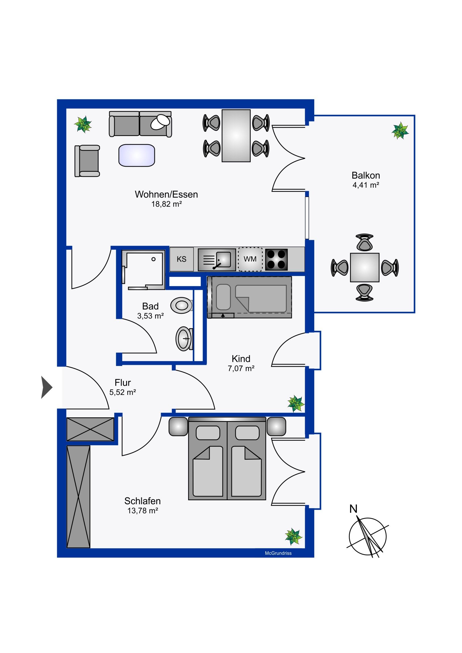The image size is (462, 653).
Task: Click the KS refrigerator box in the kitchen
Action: tap(182, 259)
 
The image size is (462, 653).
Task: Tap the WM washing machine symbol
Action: tap(250, 259)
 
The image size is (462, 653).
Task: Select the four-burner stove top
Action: tap(276, 260)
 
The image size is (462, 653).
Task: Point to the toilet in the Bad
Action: tap(182, 305)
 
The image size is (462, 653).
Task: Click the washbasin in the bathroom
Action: tap(184, 339)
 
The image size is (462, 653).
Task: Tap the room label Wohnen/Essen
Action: tap(166, 194)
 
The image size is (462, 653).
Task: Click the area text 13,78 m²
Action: tap(143, 511)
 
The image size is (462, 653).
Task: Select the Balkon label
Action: tap(366, 175)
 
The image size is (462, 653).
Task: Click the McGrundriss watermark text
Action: tap(278, 553)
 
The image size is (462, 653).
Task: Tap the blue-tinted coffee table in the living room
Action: tap(137, 155)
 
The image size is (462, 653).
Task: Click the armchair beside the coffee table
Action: tap(88, 161)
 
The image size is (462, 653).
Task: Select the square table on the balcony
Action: tap(365, 268)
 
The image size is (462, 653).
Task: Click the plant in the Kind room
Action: tap(296, 403)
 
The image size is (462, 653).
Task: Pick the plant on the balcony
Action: tap(400, 130)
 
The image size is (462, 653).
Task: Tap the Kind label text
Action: tap(241, 359)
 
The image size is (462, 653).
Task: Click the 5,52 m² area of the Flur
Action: tap(123, 392)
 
